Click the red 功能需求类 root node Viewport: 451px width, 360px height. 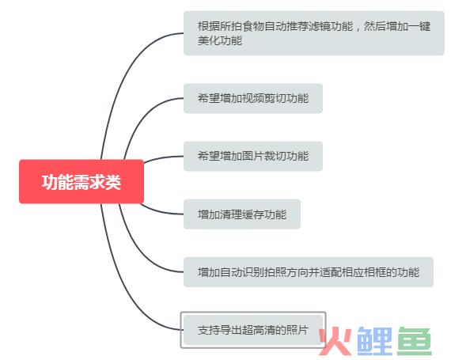pyautogui.click(x=81, y=181)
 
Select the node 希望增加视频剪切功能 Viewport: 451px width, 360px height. pyautogui.click(x=253, y=98)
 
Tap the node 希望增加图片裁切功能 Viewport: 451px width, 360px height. pyautogui.click(x=253, y=156)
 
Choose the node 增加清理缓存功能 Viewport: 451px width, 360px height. pyautogui.click(x=242, y=214)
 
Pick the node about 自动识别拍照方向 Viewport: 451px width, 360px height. pyautogui.click(x=309, y=272)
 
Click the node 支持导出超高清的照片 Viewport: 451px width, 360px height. pyautogui.click(x=253, y=330)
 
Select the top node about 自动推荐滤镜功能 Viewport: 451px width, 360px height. pyautogui.click(x=314, y=33)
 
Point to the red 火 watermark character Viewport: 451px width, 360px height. pyautogui.click(x=335, y=341)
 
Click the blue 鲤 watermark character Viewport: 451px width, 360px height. pyautogui.click(x=374, y=341)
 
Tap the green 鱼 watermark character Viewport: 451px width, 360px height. pyautogui.click(x=415, y=341)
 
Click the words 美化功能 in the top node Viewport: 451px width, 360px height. pyautogui.click(x=220, y=40)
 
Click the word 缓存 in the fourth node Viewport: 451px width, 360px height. pyautogui.click(x=253, y=214)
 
